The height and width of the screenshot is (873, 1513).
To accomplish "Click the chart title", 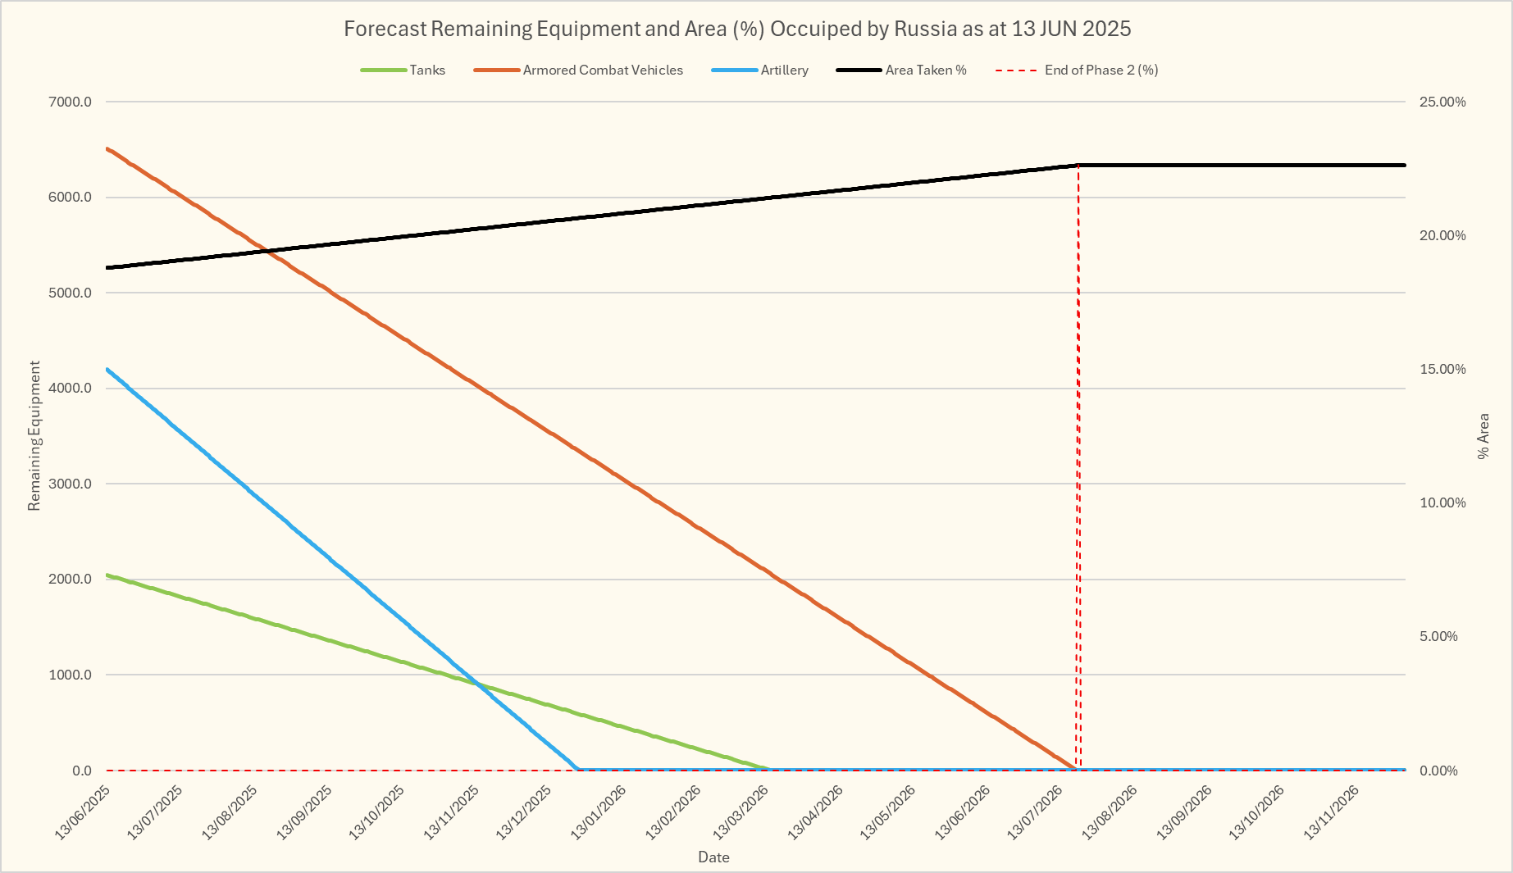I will (x=736, y=29).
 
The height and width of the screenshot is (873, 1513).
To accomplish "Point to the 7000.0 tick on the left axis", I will (x=71, y=102).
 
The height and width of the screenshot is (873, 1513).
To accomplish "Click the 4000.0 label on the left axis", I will (x=71, y=389).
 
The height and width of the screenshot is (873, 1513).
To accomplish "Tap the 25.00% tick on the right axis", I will (x=1442, y=102).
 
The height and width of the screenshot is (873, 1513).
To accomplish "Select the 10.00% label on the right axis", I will (x=1442, y=503).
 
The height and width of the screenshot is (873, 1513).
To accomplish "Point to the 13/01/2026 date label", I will (x=599, y=812).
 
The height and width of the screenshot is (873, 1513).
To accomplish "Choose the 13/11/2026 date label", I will (x=1333, y=812).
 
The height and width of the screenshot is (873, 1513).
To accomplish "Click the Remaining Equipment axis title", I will (x=34, y=436).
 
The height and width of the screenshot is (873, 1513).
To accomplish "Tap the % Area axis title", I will (x=1483, y=436).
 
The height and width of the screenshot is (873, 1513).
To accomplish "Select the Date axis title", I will (x=713, y=857).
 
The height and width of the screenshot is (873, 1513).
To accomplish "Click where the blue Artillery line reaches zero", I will (x=578, y=770).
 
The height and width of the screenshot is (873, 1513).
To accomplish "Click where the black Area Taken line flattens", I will (x=1078, y=166).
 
